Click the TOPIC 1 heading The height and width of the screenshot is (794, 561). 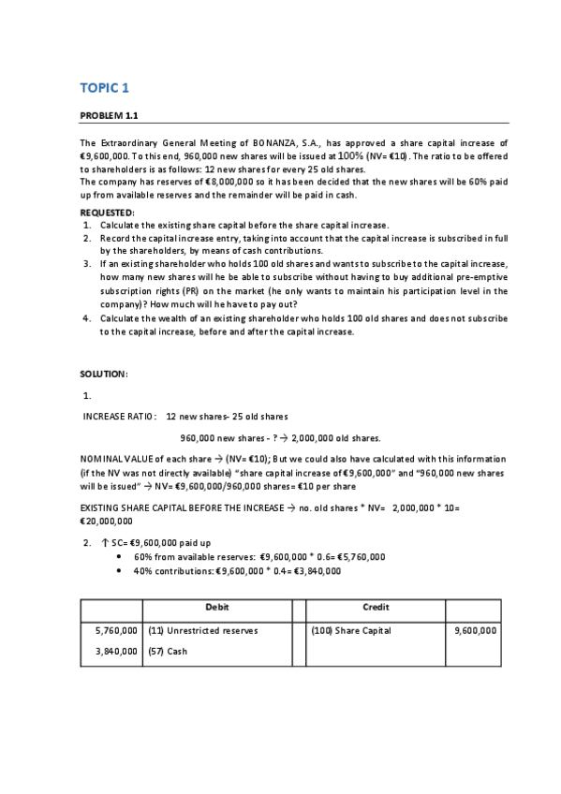[x=104, y=88]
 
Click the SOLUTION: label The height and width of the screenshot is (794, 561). [x=103, y=374]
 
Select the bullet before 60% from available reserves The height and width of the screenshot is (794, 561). [x=122, y=556]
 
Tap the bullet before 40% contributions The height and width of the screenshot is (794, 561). [x=122, y=570]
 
